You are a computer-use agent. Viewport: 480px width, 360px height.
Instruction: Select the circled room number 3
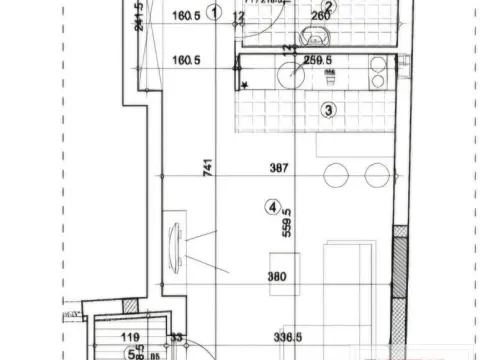(328, 109)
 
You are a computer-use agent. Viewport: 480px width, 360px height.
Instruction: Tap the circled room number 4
(271, 208)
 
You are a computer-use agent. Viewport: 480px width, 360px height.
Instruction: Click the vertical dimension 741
(208, 169)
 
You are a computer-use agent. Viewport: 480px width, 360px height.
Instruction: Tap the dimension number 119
(129, 338)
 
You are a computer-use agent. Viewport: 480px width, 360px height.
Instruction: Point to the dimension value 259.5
(318, 59)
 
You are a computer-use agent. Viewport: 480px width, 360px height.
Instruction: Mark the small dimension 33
(176, 338)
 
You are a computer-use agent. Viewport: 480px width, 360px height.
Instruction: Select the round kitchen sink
(291, 75)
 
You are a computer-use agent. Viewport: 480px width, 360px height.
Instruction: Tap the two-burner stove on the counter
(377, 72)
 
